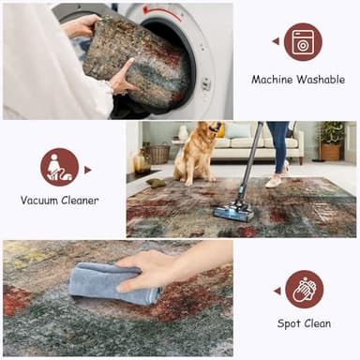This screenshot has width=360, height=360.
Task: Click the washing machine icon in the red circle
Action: tap(303, 42)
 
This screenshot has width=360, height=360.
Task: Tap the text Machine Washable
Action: tap(298, 80)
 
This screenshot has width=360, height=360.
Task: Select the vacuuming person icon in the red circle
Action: tap(59, 167)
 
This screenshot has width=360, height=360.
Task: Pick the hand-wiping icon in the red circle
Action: tap(303, 289)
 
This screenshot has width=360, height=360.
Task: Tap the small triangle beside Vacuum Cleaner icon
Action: tap(87, 170)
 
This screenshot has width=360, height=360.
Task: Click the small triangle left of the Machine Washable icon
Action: tap(276, 41)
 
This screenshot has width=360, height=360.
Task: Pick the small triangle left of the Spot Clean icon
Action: tap(276, 290)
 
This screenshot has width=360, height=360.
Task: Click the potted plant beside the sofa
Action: tap(330, 141)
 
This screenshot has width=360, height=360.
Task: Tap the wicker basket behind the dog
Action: tap(160, 153)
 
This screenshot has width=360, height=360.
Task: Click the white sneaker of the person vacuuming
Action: tap(273, 182)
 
